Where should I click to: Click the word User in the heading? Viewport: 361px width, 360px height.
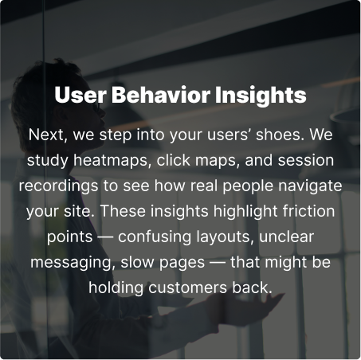(x=80, y=95)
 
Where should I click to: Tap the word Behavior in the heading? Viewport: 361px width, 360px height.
(x=161, y=95)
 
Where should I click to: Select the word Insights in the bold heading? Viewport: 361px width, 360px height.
(x=261, y=96)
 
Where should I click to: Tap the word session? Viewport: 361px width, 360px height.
(x=306, y=160)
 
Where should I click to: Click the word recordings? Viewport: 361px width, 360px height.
(x=58, y=186)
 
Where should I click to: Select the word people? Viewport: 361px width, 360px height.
(x=248, y=186)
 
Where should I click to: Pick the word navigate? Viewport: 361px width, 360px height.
(x=310, y=186)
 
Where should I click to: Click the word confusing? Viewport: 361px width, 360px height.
(x=155, y=237)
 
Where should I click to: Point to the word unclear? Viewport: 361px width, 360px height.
(x=286, y=237)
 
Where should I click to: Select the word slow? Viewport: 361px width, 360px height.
(x=137, y=262)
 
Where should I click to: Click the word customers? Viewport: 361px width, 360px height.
(x=187, y=288)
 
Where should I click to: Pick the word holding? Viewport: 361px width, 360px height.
(x=116, y=288)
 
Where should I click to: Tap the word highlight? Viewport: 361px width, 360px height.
(x=245, y=212)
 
